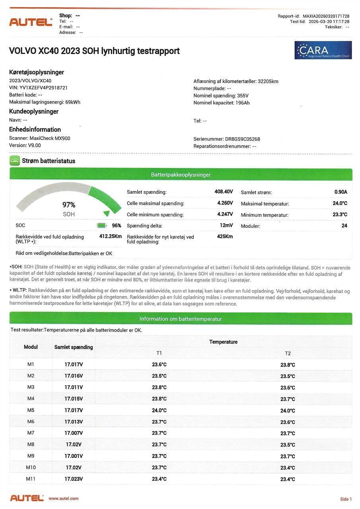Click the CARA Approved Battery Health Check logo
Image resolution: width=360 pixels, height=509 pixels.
point(323,50)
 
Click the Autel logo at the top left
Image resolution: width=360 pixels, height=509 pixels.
point(31,22)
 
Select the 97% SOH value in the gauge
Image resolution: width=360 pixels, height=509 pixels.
point(69,205)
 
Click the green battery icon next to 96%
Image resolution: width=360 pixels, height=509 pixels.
point(102,225)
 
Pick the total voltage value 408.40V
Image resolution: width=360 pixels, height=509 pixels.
point(224,192)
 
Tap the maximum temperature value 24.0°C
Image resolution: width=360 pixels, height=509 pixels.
point(340,203)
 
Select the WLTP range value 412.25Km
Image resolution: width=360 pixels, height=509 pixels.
point(110,236)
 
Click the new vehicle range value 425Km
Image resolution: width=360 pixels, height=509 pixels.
point(225,237)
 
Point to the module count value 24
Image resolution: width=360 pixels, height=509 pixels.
point(344,226)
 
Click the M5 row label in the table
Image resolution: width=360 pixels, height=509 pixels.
point(31,410)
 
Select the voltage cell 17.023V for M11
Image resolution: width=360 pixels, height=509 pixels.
point(74,479)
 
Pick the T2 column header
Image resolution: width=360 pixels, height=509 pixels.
point(288,353)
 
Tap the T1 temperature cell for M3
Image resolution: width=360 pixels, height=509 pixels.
point(159,387)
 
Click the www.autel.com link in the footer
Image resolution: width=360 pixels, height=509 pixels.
point(64,498)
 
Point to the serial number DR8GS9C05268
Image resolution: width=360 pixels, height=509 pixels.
point(242,139)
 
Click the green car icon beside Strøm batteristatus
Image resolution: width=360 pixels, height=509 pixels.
point(15,161)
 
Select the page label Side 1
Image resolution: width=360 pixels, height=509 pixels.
point(346,499)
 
